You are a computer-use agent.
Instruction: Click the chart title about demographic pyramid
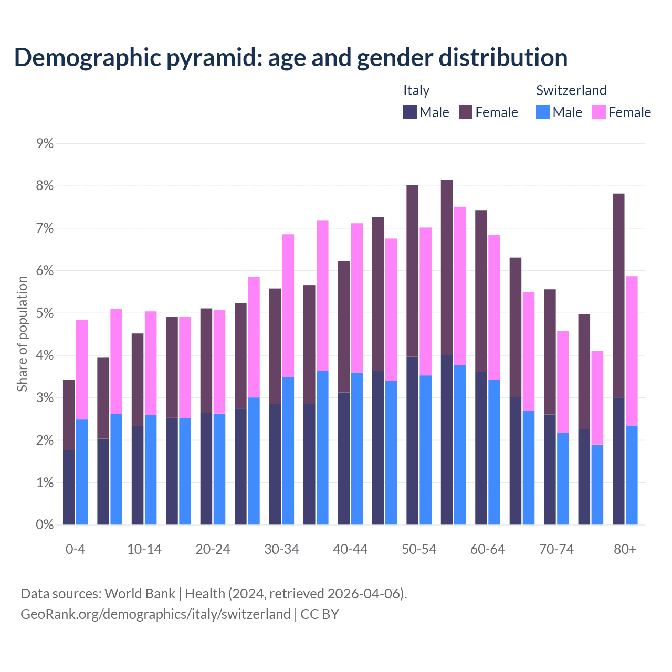coord(291,57)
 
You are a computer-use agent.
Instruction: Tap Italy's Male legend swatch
coord(409,112)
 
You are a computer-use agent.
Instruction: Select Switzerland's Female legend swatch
coord(598,112)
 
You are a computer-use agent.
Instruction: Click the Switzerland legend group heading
coord(571,90)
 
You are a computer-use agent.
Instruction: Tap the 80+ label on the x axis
coord(625,549)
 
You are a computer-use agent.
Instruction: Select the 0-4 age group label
coord(75,549)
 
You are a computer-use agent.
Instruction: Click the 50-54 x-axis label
coord(419,549)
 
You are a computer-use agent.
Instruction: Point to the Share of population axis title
coord(22,334)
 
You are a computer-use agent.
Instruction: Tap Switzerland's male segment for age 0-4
coord(82,472)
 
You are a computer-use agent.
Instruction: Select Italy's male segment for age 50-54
coord(412,440)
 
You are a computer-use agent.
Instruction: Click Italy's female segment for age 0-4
coord(69,415)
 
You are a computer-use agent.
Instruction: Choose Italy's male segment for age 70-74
coord(550,469)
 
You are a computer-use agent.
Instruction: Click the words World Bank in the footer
coord(140,594)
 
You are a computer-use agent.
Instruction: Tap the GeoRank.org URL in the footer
coord(155,614)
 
